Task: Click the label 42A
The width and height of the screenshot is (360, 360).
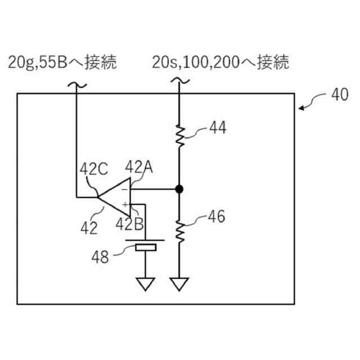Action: [x=139, y=167]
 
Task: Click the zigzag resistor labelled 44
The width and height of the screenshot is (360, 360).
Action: [x=179, y=135]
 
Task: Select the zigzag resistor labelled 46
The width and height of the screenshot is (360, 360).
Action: [x=179, y=231]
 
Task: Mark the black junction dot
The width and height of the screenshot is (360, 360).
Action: [x=179, y=189]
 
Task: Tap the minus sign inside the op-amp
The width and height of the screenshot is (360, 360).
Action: [x=124, y=190]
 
